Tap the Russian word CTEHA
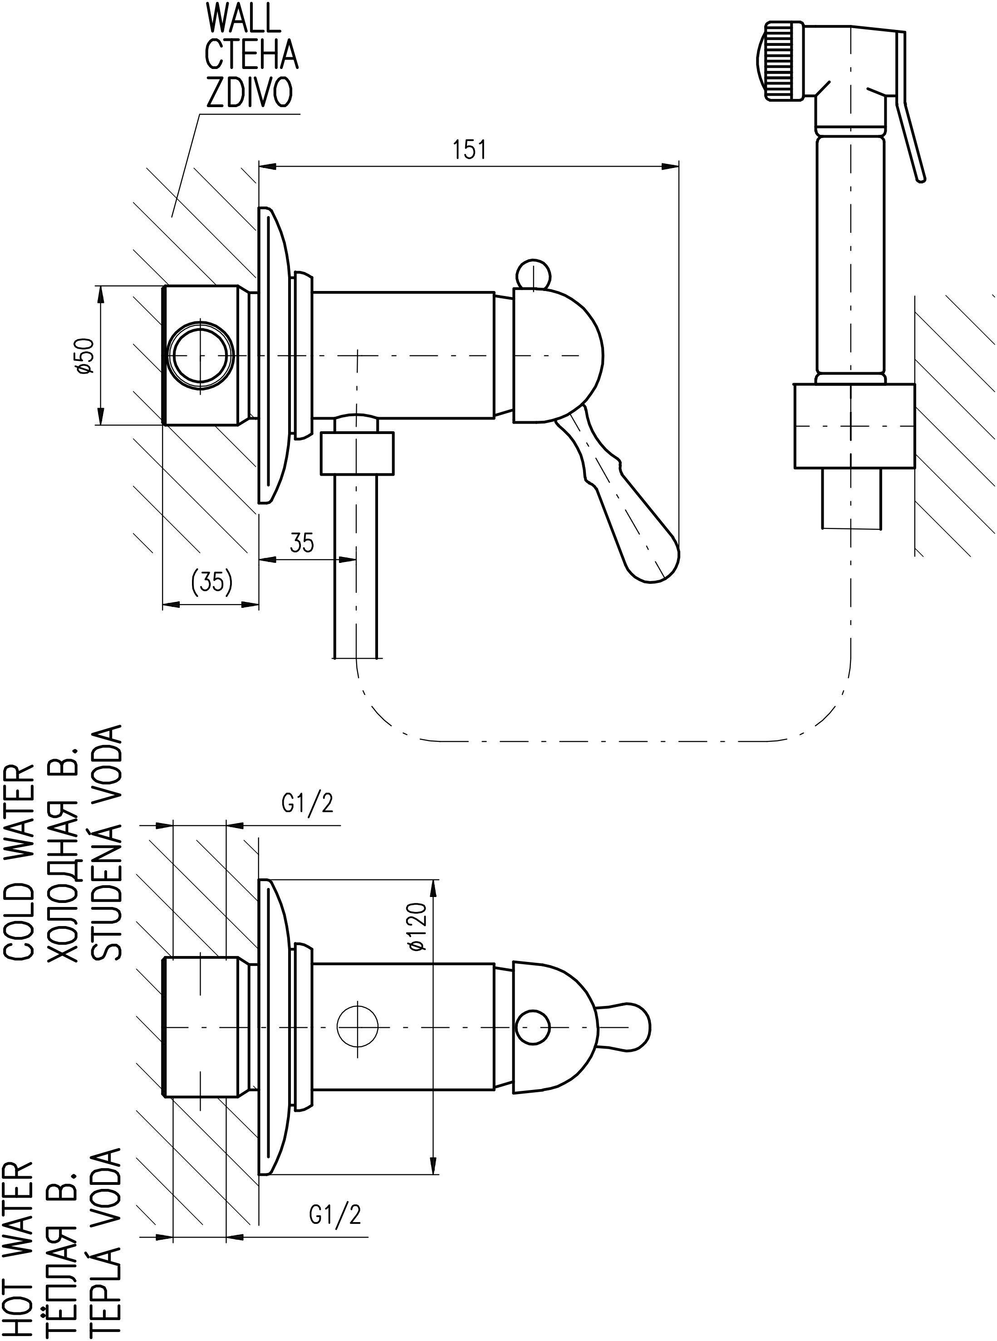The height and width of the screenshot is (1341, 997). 251,55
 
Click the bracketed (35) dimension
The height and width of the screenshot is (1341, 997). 211,582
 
